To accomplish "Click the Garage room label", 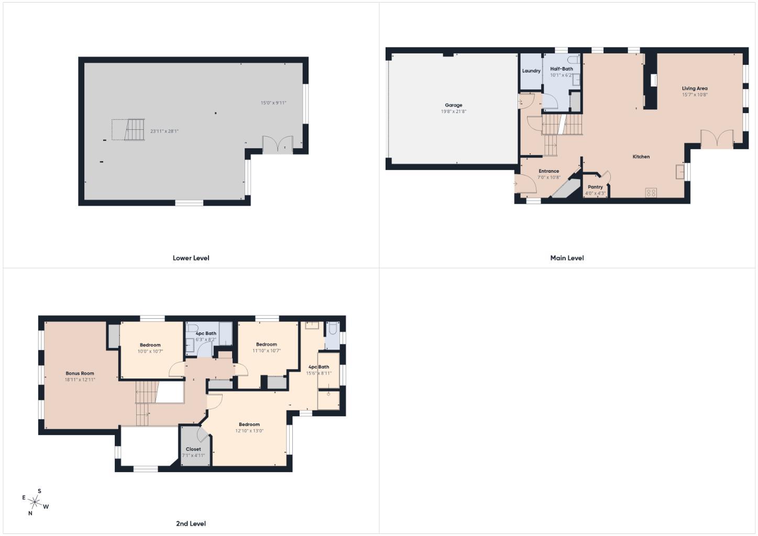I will [454, 105].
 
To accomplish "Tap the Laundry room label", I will [531, 71].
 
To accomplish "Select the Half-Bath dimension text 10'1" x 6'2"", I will [562, 75].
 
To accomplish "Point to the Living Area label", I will [695, 88].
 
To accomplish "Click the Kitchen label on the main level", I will [641, 157].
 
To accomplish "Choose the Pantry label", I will [595, 187].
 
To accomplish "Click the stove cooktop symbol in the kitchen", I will [651, 193].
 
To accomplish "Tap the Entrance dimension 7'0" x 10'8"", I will [549, 177].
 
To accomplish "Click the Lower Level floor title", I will [191, 258].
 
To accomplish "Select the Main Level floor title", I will [567, 258].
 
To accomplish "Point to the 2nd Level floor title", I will [191, 523].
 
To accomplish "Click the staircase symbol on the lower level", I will [135, 130].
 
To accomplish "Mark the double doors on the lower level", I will [278, 144].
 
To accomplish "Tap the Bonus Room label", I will [80, 373].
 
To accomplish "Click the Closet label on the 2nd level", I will [193, 449].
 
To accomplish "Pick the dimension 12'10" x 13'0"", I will [249, 431].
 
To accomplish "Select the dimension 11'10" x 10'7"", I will [267, 351].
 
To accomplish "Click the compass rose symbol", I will [35, 502].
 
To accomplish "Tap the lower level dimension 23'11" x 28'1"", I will [164, 131].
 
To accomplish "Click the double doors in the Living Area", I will [716, 139].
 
